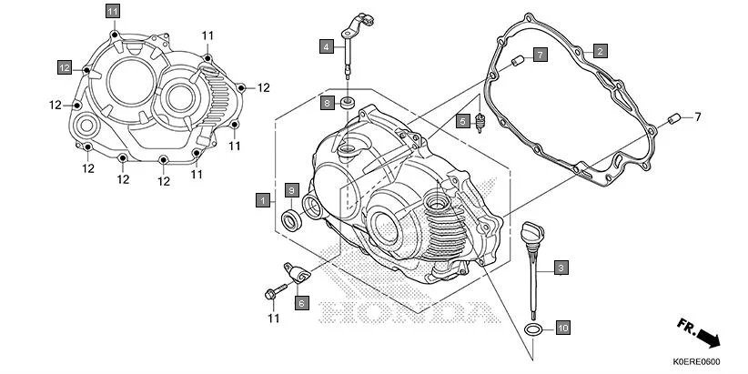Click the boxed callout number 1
(x=262, y=198)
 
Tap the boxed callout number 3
(x=561, y=268)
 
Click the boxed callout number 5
(x=463, y=120)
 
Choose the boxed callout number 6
(x=301, y=302)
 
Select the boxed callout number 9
(x=291, y=189)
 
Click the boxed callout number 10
(x=562, y=327)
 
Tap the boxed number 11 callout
(x=112, y=11)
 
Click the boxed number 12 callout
(x=65, y=67)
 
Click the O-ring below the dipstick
(x=535, y=328)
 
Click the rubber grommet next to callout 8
(x=349, y=102)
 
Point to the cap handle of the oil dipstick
(x=529, y=232)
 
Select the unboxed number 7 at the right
(x=698, y=116)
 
